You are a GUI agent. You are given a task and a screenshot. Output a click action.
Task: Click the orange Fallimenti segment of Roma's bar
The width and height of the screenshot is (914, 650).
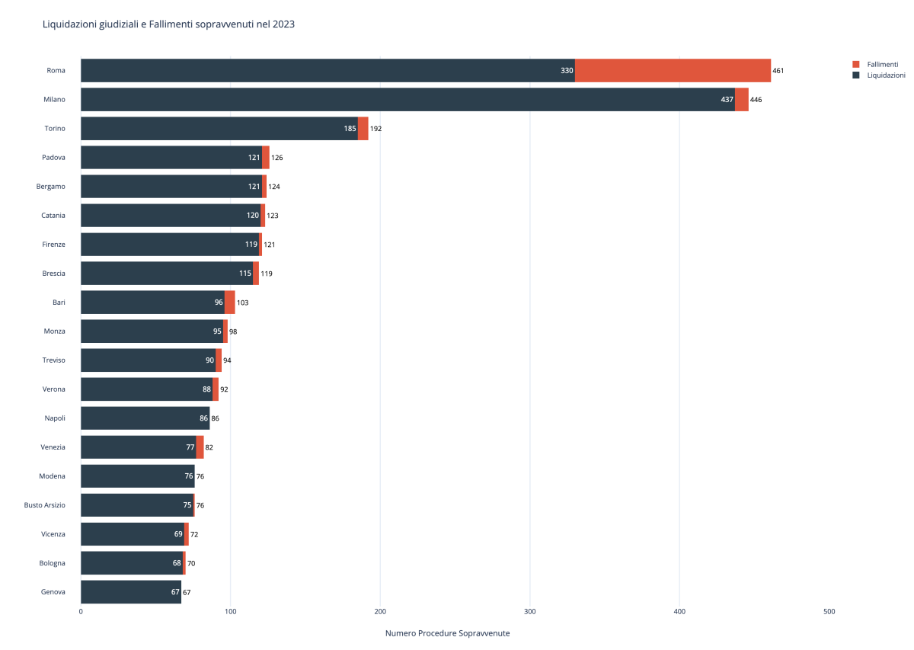673,70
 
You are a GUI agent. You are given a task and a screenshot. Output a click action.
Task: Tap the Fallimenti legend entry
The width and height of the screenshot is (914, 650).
882,64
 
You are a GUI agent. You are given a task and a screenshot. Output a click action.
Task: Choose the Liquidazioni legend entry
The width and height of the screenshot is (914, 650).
886,75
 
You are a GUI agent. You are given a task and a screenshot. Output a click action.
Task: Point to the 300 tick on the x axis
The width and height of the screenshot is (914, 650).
530,611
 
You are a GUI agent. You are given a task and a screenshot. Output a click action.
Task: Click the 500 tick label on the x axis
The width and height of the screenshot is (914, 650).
829,611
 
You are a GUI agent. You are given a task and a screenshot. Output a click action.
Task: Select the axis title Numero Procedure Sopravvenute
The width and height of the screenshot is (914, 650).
447,633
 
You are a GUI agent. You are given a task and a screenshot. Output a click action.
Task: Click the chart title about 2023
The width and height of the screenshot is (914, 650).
168,24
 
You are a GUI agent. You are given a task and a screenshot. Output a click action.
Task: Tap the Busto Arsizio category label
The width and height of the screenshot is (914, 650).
45,505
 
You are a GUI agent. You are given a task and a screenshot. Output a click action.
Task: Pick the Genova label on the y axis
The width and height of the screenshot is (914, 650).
53,592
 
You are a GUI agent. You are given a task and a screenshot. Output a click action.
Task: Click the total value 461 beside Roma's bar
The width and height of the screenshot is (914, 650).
778,71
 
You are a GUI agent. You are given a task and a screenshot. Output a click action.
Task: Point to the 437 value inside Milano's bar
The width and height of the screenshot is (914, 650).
727,100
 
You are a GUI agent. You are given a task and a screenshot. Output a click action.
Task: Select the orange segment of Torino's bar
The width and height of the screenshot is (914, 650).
363,128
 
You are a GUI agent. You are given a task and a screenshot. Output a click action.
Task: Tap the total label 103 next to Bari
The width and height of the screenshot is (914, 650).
242,303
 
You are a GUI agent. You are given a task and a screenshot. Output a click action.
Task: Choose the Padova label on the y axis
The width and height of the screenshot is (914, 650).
53,157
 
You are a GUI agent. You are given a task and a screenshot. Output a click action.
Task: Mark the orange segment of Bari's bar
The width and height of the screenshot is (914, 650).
229,302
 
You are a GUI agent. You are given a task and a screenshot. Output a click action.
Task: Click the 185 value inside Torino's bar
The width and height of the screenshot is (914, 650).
350,129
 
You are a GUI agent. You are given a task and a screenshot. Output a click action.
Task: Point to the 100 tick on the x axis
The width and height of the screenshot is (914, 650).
231,611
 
